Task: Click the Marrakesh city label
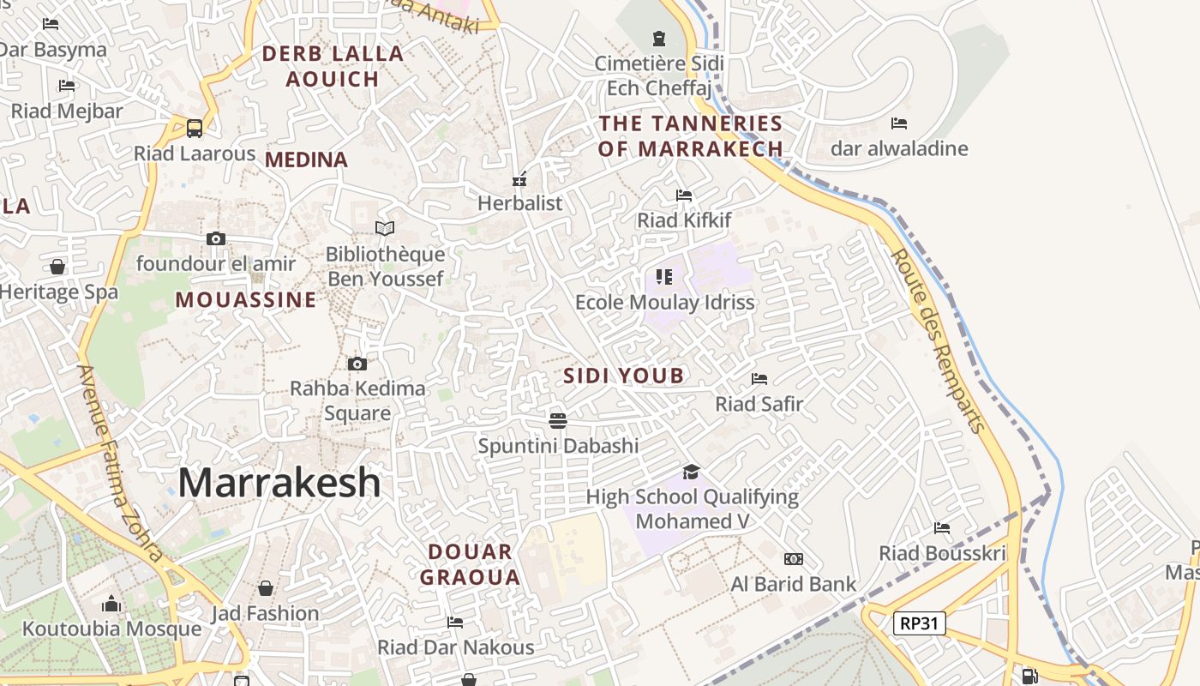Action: click(279, 482)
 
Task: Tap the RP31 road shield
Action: click(919, 623)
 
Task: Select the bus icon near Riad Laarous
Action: click(195, 129)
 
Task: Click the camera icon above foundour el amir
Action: click(216, 239)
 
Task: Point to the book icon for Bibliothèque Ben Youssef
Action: click(385, 228)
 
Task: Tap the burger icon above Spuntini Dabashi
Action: click(558, 420)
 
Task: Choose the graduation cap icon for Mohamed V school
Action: click(691, 472)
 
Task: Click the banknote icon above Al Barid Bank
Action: click(794, 559)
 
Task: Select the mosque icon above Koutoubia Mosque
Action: click(111, 604)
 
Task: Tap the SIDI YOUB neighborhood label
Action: click(624, 376)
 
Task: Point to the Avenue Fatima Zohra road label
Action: click(120, 463)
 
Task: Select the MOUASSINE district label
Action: click(246, 300)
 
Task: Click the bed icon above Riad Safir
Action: click(759, 378)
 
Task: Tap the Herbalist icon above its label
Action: click(519, 179)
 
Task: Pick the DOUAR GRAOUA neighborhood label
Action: click(470, 564)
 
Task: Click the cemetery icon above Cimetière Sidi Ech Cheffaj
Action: click(658, 39)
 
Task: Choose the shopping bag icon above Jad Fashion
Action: click(266, 588)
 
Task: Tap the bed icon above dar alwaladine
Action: click(899, 123)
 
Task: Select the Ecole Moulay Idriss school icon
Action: click(664, 276)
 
